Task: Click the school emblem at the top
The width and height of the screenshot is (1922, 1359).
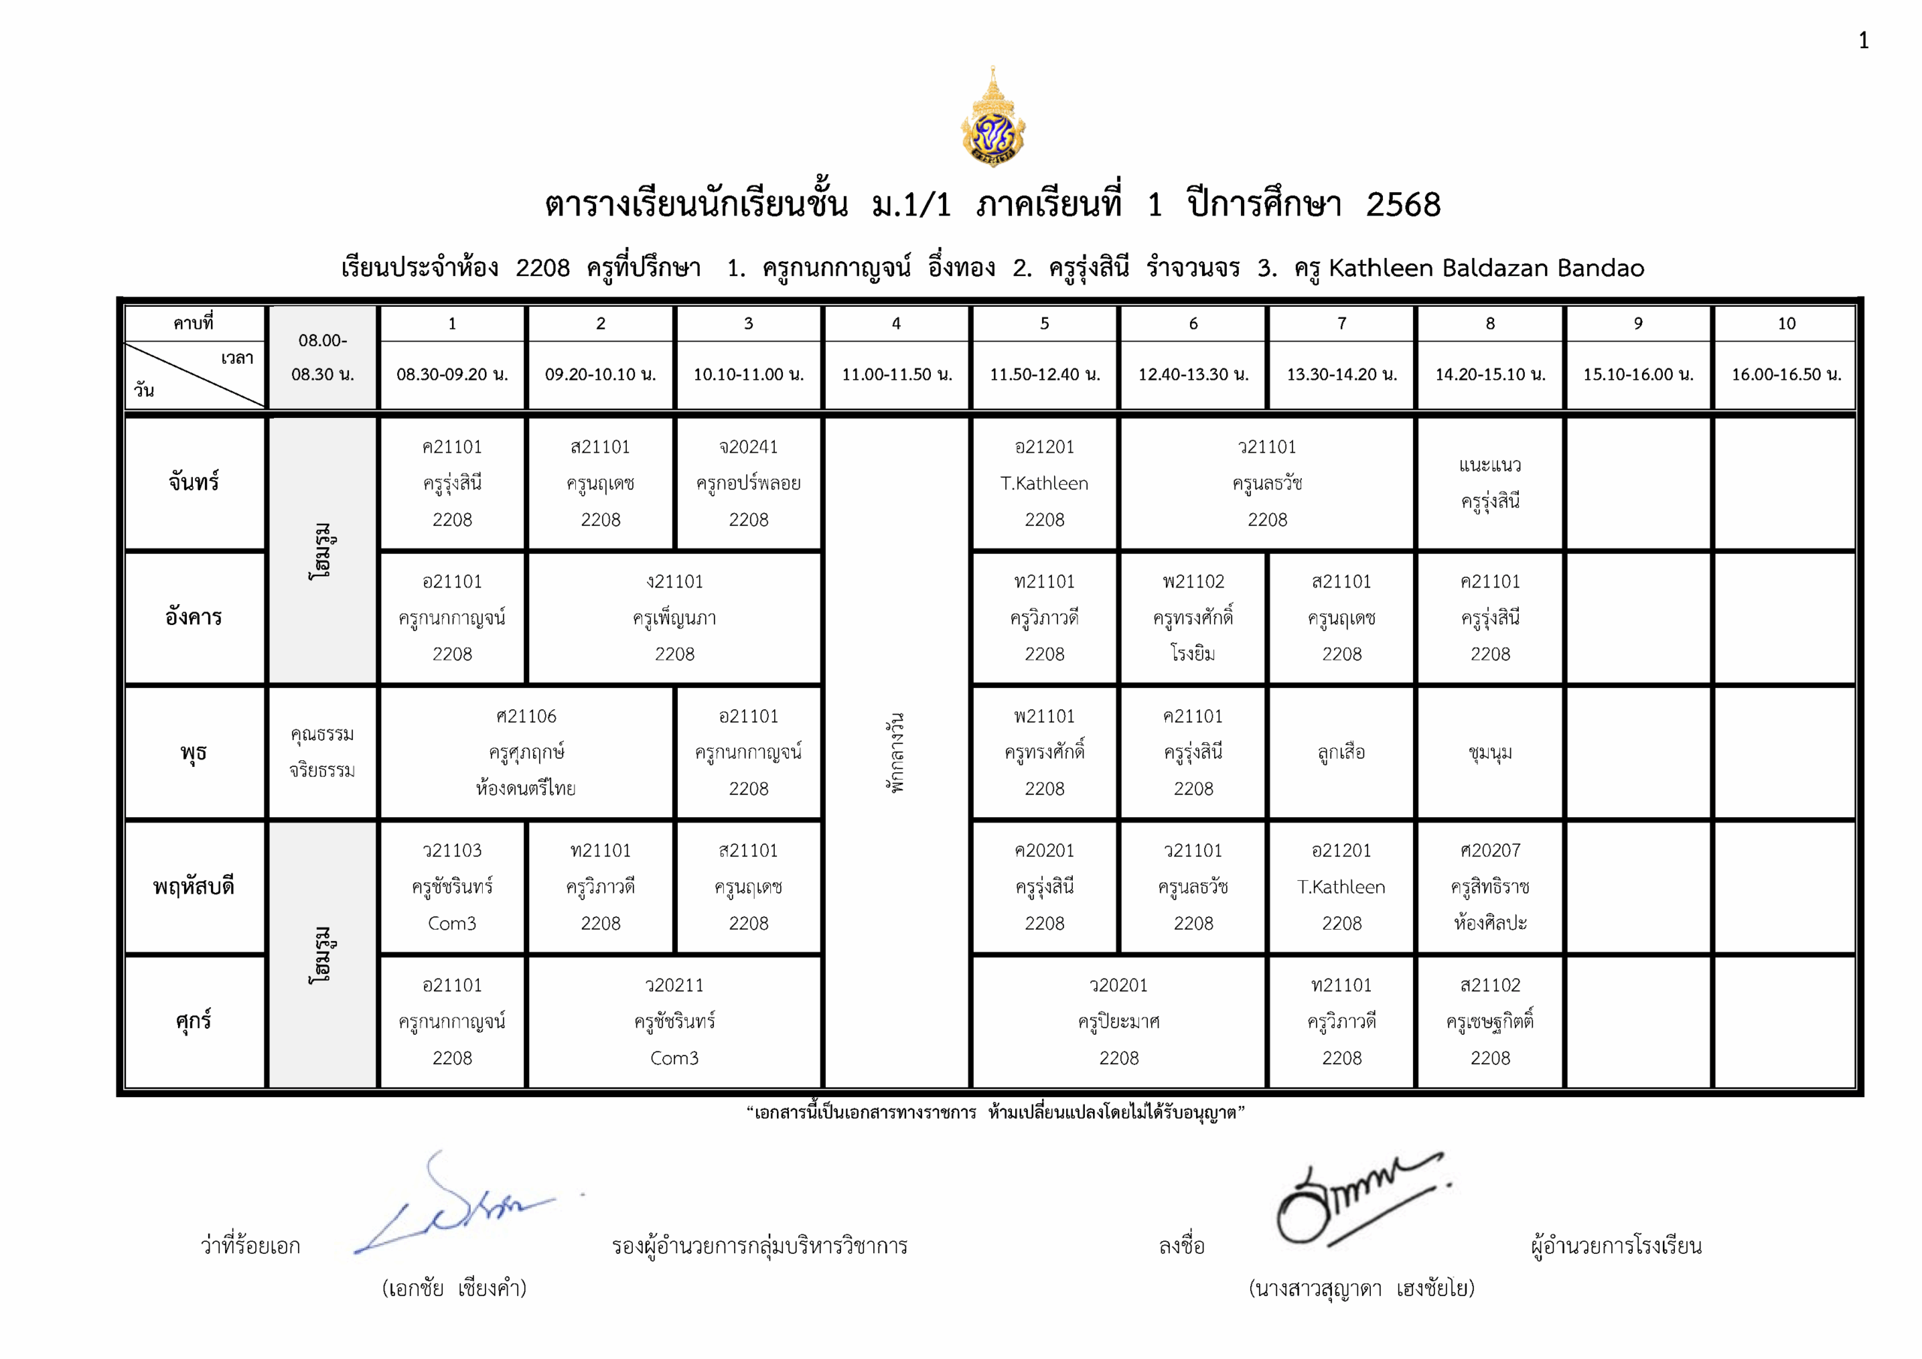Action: pyautogui.click(x=993, y=118)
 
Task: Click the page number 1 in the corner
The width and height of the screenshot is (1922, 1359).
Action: pyautogui.click(x=1863, y=41)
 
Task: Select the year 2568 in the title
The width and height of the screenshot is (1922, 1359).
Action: pyautogui.click(x=1403, y=204)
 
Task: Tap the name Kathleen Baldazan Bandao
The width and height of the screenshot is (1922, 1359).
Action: pyautogui.click(x=1486, y=268)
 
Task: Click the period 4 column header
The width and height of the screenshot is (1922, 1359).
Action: pyautogui.click(x=896, y=323)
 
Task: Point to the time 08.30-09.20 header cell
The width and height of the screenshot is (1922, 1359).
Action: pyautogui.click(x=452, y=374)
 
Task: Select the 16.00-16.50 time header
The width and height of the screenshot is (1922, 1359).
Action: pyautogui.click(x=1786, y=374)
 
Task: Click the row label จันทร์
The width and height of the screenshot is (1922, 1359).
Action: pyautogui.click(x=194, y=482)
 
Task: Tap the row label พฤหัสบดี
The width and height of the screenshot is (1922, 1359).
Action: pyautogui.click(x=194, y=886)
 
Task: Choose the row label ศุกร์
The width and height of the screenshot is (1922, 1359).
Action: pyautogui.click(x=194, y=1021)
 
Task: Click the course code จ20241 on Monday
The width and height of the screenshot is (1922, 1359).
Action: pyautogui.click(x=749, y=446)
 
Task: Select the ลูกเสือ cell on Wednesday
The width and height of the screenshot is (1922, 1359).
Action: pyautogui.click(x=1341, y=753)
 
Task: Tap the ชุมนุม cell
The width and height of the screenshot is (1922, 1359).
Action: pyautogui.click(x=1490, y=753)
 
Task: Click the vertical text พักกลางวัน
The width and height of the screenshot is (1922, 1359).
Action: pyautogui.click(x=896, y=753)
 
